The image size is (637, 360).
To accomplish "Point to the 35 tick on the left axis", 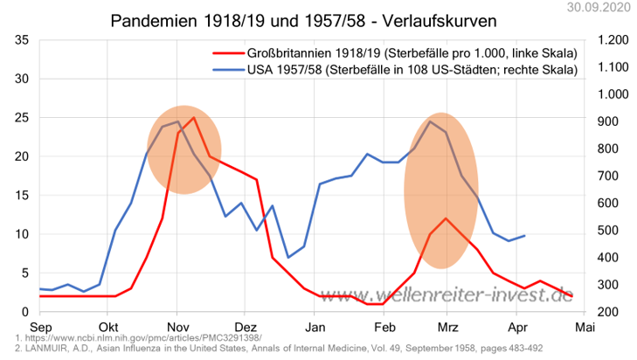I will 24,40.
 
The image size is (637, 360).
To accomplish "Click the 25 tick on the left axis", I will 24,118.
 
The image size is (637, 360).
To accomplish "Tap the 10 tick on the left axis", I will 24,234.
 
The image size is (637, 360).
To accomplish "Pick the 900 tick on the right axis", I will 608,121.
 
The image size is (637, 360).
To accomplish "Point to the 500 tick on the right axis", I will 608,231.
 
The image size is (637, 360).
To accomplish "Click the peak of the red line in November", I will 193,117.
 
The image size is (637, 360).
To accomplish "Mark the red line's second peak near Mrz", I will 446,218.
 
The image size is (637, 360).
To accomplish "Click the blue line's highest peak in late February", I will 429,121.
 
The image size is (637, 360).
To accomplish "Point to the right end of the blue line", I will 524,236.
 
